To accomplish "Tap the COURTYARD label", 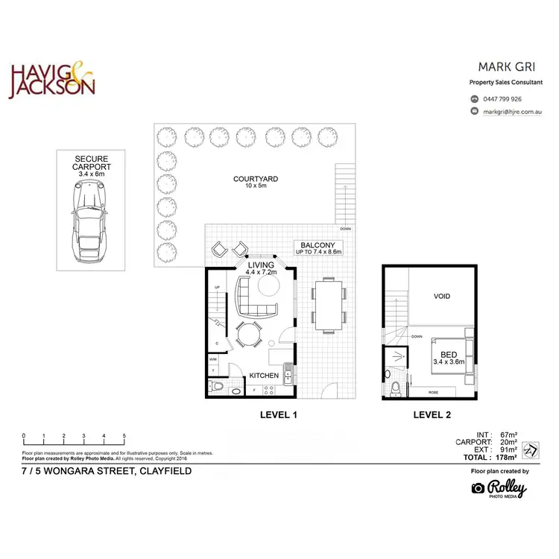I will pos(256,180).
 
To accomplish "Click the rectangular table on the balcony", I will pos(328,304).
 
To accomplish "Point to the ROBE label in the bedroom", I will pos(432,392).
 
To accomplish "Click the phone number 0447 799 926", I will pos(502,99).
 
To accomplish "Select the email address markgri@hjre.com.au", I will pos(511,111).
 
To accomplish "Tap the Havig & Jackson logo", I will pos(51,80).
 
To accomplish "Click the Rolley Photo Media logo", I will pos(499,488).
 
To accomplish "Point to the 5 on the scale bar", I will pos(124,436).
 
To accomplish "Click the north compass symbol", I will pos(531,450).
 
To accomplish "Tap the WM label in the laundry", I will pos(213,359).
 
